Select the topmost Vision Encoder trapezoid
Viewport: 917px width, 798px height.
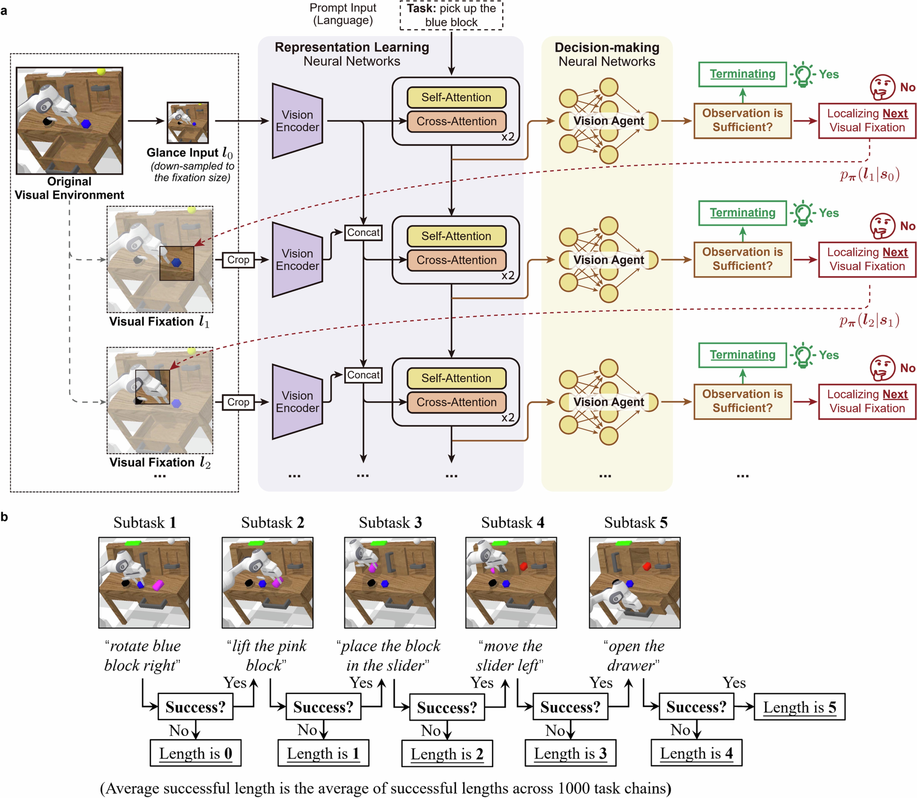point(297,121)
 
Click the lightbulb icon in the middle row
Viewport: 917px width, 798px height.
point(803,213)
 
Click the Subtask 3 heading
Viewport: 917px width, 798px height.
point(390,522)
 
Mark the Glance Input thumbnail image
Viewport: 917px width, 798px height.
point(187,123)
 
